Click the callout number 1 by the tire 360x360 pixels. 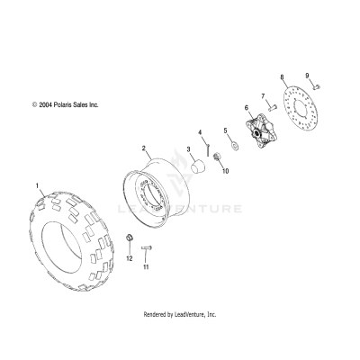coord(37,186)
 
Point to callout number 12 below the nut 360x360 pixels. coord(129,257)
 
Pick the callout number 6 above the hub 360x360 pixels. coord(246,108)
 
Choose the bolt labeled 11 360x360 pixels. coord(148,247)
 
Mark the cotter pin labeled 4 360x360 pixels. coord(207,141)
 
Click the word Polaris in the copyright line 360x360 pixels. coord(68,105)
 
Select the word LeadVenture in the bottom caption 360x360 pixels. coord(188,315)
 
